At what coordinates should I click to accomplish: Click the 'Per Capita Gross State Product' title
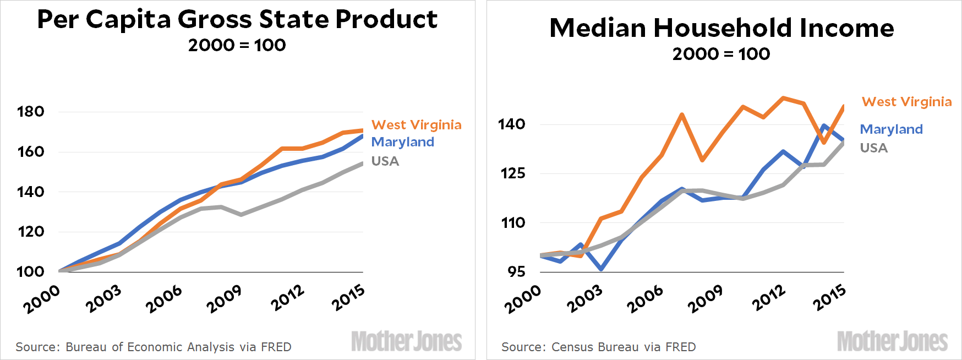pyautogui.click(x=237, y=19)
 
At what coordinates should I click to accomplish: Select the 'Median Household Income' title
pyautogui.click(x=721, y=28)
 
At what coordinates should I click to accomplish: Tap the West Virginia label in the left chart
pyautogui.click(x=416, y=125)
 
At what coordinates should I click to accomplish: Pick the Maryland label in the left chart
pyautogui.click(x=402, y=142)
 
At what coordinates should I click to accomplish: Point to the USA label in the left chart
pyautogui.click(x=385, y=161)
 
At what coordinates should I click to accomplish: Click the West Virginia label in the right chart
pyautogui.click(x=906, y=102)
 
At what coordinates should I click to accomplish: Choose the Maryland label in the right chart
pyautogui.click(x=891, y=129)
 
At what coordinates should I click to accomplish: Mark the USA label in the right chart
pyautogui.click(x=873, y=148)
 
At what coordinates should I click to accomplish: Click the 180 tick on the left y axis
pyautogui.click(x=30, y=112)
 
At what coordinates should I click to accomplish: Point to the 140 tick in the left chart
pyautogui.click(x=30, y=192)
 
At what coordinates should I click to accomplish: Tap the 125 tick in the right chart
pyautogui.click(x=512, y=173)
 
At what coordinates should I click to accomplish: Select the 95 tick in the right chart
pyautogui.click(x=516, y=271)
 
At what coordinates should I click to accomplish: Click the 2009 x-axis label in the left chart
pyautogui.click(x=224, y=299)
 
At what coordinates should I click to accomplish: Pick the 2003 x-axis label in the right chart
pyautogui.click(x=584, y=299)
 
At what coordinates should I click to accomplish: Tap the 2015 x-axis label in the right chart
pyautogui.click(x=829, y=297)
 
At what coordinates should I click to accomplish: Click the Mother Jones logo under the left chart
pyautogui.click(x=406, y=341)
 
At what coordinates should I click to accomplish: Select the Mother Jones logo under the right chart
pyautogui.click(x=892, y=341)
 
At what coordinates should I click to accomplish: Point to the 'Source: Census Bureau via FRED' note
pyautogui.click(x=598, y=347)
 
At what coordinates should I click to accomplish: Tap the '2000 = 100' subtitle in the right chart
pyautogui.click(x=721, y=54)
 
